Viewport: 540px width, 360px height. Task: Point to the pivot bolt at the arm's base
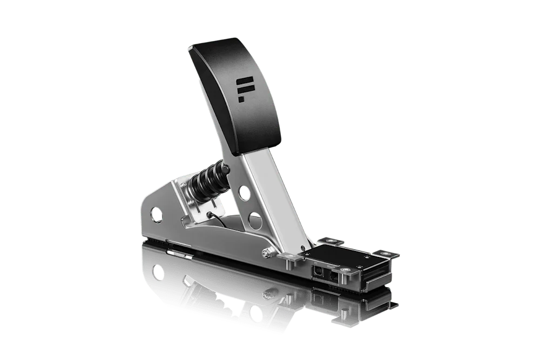pos(266,252)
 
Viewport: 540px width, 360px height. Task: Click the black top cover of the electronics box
pos(335,256)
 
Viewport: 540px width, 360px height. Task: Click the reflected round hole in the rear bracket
pos(158,270)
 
